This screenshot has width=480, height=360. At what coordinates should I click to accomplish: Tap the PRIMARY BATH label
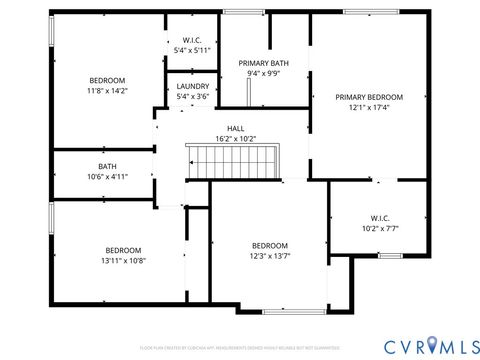point(264,62)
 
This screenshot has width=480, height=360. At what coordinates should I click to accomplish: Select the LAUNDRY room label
point(193,86)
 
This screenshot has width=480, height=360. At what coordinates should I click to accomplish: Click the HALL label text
point(236,128)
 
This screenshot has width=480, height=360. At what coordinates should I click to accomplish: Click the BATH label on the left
point(107,166)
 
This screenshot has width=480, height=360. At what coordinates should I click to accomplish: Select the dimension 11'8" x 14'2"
point(107,90)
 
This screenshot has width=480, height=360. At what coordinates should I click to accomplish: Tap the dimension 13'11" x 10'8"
point(124,260)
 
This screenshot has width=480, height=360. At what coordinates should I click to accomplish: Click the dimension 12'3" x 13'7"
point(269,255)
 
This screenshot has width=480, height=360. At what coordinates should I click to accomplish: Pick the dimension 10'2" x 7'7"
point(380,227)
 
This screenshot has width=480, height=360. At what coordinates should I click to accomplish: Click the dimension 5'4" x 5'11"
point(193,49)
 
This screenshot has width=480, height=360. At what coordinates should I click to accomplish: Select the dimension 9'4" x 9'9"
point(264,73)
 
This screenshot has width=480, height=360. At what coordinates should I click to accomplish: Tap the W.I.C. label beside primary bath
point(193,39)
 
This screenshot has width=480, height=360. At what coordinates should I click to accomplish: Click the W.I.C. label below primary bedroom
point(380,217)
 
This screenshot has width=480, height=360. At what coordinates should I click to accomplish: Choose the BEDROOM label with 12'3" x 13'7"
point(269,245)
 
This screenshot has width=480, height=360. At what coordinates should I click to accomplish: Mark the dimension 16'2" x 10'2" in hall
point(236,138)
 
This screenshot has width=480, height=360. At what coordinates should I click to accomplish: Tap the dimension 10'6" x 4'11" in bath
point(107,176)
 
